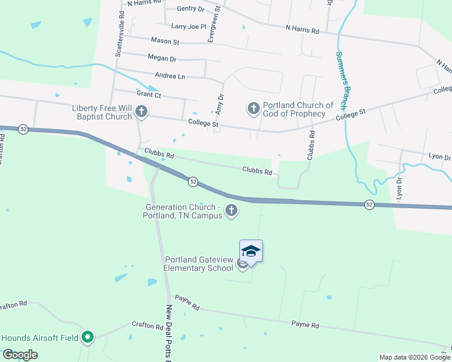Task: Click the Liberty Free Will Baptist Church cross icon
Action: [x=141, y=111]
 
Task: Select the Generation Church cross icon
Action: [x=231, y=211]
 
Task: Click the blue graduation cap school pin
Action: [x=251, y=250]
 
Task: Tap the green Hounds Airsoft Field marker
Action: [x=88, y=337]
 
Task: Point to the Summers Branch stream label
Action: [x=343, y=76]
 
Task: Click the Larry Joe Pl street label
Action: [x=189, y=27]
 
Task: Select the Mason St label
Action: [x=165, y=42]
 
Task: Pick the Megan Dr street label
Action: [x=161, y=59]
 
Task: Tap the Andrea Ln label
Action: [x=170, y=76]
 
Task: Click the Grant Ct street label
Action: [x=149, y=94]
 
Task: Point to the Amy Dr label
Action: [x=220, y=104]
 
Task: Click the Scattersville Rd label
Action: [x=119, y=37]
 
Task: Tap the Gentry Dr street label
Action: [x=191, y=8]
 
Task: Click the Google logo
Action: [x=20, y=355]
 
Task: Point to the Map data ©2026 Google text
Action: [x=414, y=357]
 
